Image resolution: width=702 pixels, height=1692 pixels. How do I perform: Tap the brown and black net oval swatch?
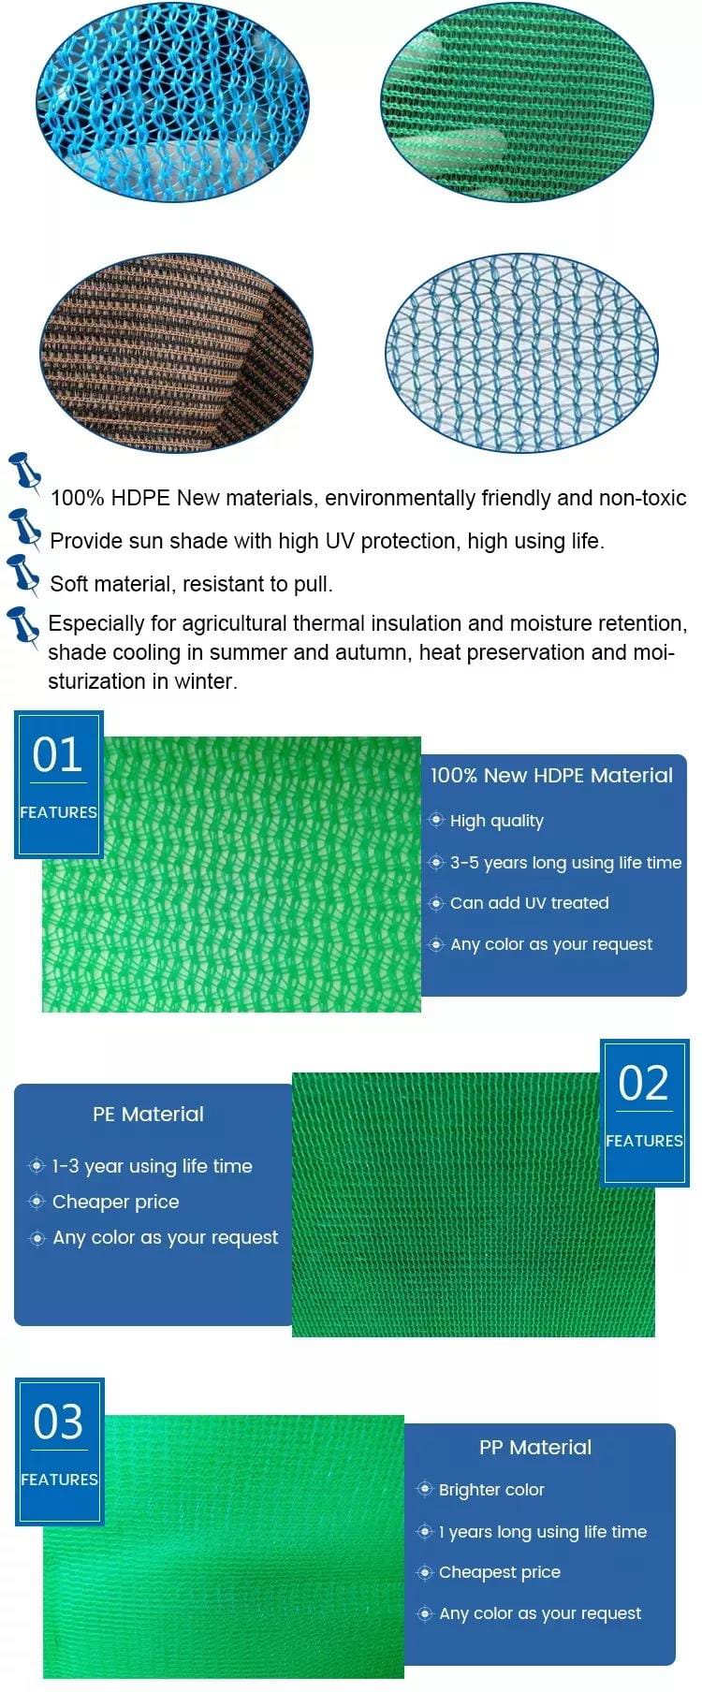coord(176,353)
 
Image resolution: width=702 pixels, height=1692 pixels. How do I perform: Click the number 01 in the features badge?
coord(58,754)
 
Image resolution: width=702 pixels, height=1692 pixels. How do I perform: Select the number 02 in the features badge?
coord(644,1083)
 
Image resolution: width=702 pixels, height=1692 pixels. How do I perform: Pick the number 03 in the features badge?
coord(59,1422)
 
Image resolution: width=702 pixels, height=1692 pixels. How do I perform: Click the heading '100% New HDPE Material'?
coord(551,775)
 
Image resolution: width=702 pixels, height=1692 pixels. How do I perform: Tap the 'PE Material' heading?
coord(148,1114)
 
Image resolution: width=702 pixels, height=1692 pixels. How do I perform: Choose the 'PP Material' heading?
coord(535,1447)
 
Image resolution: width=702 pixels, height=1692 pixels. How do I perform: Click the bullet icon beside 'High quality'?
coord(436,820)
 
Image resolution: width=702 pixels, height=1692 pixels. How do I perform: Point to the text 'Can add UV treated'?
coord(530,903)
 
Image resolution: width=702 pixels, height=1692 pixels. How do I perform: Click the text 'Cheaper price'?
coord(116,1202)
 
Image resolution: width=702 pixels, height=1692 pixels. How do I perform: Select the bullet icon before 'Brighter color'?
coord(425,1489)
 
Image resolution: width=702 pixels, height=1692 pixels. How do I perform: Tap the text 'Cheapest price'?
coord(500,1572)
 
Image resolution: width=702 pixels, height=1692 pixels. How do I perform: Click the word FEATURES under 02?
coord(644,1141)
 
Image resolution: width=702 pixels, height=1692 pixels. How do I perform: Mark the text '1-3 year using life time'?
coord(153,1166)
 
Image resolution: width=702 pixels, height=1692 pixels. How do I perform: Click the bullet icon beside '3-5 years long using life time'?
coord(436,862)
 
